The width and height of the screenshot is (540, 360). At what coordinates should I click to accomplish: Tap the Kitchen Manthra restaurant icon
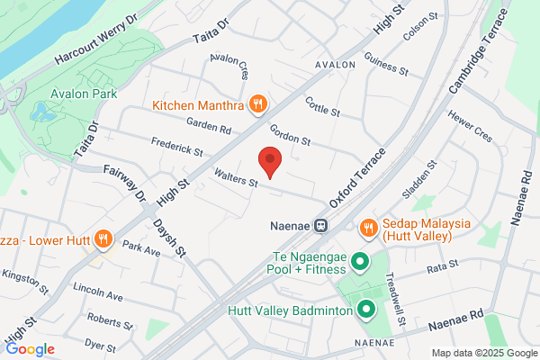click(257, 105)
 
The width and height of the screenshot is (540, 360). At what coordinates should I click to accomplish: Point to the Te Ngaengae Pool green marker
click(359, 262)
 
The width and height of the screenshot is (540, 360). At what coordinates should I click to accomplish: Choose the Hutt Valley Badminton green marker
click(366, 311)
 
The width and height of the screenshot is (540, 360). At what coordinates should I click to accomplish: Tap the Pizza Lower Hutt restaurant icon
click(103, 239)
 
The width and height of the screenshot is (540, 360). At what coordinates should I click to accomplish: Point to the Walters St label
click(236, 176)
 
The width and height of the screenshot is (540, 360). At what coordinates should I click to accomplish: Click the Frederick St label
click(175, 146)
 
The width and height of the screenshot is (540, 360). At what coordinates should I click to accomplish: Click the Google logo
click(30, 348)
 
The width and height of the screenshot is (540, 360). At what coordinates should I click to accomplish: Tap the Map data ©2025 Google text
click(483, 353)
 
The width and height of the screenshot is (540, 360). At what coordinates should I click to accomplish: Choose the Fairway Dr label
click(123, 182)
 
